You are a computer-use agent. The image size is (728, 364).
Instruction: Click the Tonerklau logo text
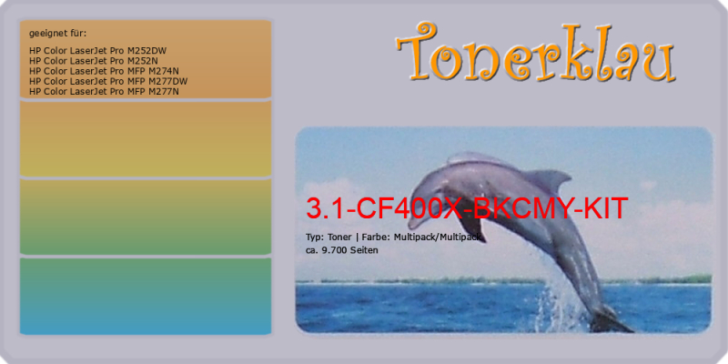[x=536, y=52]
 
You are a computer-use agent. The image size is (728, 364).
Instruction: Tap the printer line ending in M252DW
[x=97, y=51]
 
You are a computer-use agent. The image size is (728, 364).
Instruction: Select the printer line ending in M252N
[x=94, y=61]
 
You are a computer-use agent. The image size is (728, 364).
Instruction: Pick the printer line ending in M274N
[x=104, y=71]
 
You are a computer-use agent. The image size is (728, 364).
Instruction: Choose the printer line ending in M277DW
[x=108, y=81]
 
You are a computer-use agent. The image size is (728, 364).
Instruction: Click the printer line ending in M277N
[x=104, y=92]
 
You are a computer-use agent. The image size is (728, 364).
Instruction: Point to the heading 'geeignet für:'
[x=57, y=34]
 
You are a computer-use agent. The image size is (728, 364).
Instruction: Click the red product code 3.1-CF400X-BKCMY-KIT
[x=467, y=208]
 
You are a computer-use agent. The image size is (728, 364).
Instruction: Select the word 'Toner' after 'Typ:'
[x=339, y=238]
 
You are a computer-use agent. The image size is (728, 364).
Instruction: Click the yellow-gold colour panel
[x=146, y=139]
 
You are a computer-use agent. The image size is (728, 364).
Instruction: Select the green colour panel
[x=146, y=217]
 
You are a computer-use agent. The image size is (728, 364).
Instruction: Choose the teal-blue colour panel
[x=146, y=297]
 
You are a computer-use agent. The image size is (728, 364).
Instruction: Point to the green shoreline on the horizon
[x=504, y=280]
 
